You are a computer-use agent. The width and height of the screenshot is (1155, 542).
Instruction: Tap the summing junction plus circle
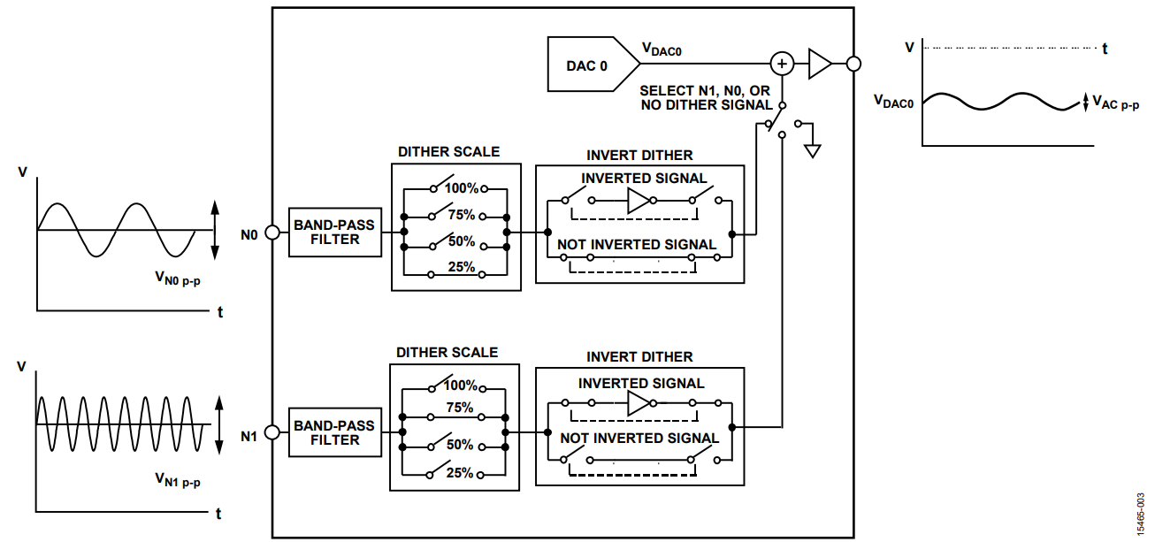pos(781,64)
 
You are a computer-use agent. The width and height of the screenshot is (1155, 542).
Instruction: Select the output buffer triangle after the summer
pos(818,64)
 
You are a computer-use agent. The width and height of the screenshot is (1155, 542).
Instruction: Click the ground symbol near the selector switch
pos(812,149)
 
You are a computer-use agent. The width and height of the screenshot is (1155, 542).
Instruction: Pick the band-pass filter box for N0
pos(334,233)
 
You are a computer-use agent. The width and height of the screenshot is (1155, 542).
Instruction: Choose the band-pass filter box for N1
pos(334,432)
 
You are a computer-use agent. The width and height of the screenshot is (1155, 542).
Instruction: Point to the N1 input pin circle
pos(272,432)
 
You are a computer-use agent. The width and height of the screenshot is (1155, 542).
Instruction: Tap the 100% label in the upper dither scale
pos(461,188)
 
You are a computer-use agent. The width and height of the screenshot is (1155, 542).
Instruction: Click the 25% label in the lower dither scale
pos(460,473)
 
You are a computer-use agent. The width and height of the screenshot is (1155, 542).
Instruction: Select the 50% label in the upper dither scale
pos(461,241)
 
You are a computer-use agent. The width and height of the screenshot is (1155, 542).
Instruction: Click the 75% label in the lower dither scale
pos(460,408)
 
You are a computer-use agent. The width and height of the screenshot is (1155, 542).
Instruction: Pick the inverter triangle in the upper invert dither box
pos(638,201)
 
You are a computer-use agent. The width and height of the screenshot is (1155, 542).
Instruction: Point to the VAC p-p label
pos(1115,103)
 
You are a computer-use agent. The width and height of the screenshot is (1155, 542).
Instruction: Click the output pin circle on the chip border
pos(853,64)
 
